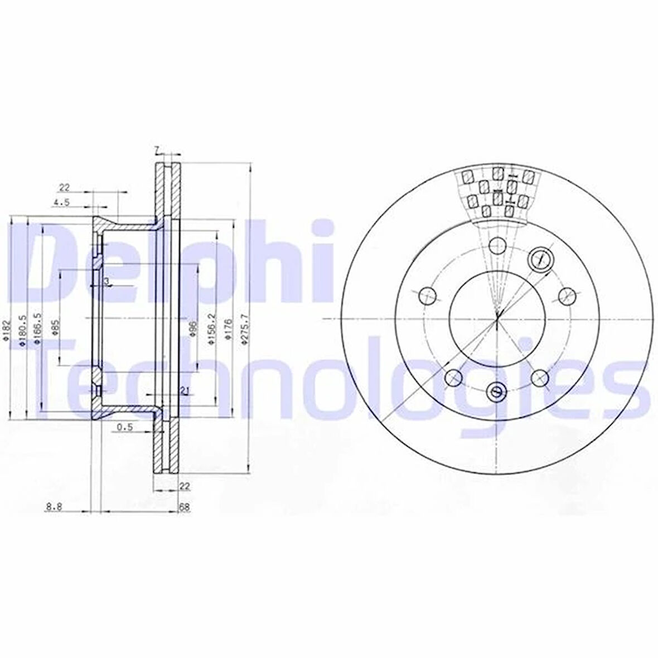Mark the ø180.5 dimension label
coord(23,330)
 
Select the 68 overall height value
coord(183,507)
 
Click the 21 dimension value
coord(183,390)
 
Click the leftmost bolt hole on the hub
coord(427,295)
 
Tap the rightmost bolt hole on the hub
coord(567,295)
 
